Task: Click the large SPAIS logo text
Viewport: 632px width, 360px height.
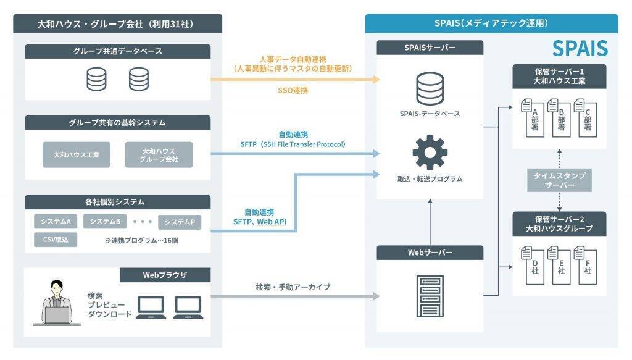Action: click(x=580, y=48)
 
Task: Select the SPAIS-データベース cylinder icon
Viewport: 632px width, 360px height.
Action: click(x=430, y=88)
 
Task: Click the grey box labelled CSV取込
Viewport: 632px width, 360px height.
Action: click(x=56, y=239)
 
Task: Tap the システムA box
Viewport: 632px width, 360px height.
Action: click(x=56, y=221)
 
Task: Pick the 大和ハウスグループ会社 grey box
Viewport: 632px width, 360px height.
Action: click(x=159, y=155)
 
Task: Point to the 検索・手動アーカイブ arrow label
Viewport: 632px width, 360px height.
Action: click(x=293, y=287)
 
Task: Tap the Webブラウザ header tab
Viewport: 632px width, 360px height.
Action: click(x=165, y=275)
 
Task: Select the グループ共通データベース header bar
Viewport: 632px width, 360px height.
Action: click(x=117, y=52)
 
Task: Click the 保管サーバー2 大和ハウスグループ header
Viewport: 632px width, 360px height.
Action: click(x=559, y=223)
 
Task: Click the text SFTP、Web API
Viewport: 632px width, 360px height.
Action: click(x=259, y=221)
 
